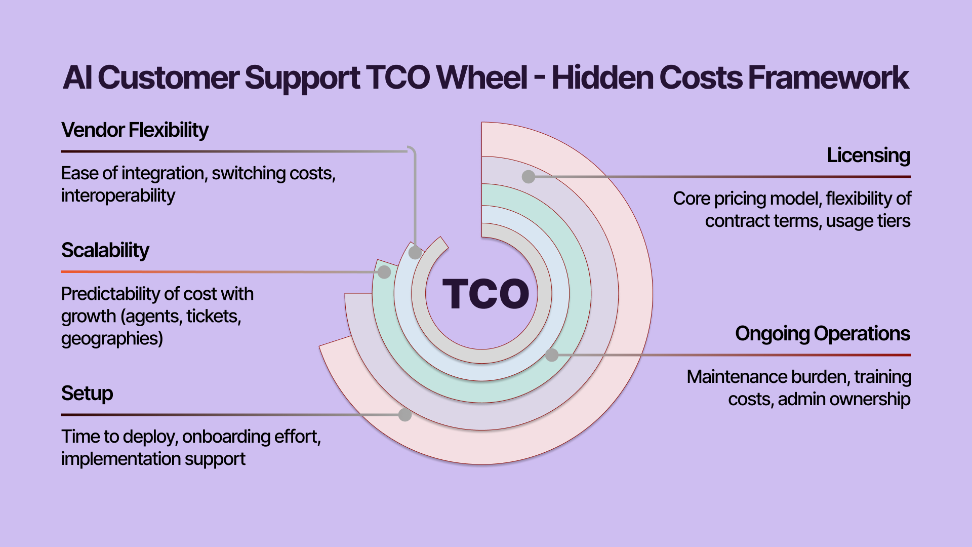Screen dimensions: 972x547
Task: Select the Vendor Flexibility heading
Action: coord(135,130)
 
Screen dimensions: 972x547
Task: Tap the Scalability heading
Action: coord(105,250)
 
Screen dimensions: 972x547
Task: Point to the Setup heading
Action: coord(87,394)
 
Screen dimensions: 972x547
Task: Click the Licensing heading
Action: coord(869,155)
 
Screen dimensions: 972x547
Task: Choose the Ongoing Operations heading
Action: coord(823,334)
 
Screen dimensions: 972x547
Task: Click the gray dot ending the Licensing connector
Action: coord(529,177)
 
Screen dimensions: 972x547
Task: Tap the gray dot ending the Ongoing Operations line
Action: coord(552,355)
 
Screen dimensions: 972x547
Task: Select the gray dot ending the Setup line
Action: coord(405,415)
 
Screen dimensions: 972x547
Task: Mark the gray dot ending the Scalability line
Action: coord(384,272)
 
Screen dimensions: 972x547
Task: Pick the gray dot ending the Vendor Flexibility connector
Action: coord(415,253)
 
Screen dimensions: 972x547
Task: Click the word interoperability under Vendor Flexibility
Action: coord(118,196)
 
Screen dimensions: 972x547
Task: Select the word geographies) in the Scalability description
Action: coord(112,338)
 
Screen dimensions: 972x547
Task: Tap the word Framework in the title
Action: coord(828,77)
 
